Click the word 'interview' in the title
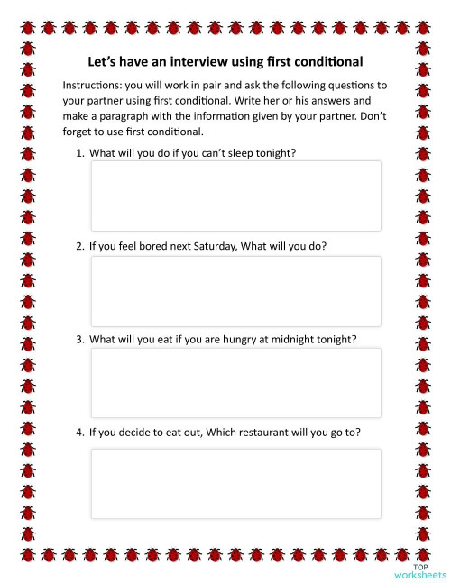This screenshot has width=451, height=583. tap(201, 62)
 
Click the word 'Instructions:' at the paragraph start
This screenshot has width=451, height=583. tap(92, 84)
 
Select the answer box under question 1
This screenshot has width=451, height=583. tap(235, 196)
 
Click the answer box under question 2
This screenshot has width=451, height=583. tap(235, 290)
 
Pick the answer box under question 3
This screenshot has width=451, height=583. tap(235, 383)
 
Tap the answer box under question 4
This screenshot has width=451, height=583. tap(235, 484)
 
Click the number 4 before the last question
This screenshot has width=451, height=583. tap(79, 433)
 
